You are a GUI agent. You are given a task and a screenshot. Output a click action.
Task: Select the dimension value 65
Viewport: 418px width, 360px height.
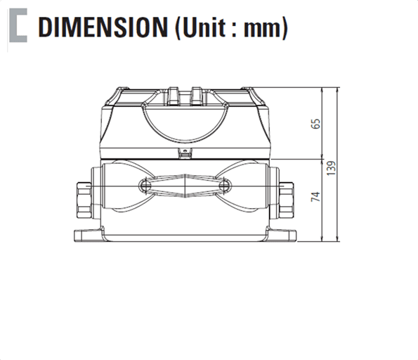(x=316, y=124)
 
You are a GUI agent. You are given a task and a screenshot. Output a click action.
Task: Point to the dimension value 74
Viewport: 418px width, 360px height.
(x=316, y=196)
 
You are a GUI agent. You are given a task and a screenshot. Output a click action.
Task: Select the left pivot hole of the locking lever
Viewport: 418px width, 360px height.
(x=143, y=185)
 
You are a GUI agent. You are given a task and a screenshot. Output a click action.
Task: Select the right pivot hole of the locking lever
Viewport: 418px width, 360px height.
(x=224, y=185)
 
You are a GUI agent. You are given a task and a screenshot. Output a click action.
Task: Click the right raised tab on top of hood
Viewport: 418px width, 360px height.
(x=195, y=91)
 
